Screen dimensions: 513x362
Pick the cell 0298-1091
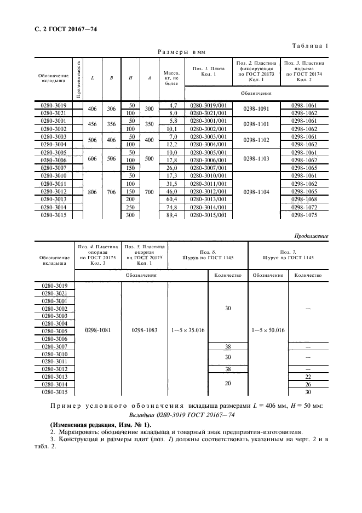click(256, 109)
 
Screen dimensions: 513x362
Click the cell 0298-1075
click(304, 215)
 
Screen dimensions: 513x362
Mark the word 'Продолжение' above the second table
click(311, 236)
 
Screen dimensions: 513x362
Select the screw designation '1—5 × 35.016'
click(188, 330)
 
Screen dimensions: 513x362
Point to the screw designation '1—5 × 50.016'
click(268, 330)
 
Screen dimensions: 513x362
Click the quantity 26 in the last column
click(307, 384)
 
